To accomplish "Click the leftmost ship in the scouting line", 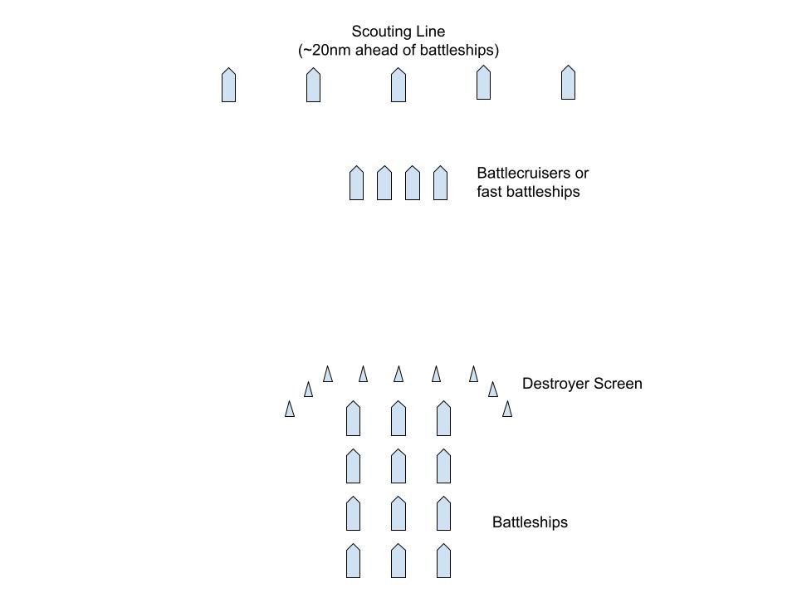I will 228,86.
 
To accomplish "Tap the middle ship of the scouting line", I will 398,86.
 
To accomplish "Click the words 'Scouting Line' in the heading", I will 398,32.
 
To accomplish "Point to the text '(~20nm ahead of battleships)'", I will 398,51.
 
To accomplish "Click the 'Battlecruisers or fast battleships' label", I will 532,183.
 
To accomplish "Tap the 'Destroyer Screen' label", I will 582,384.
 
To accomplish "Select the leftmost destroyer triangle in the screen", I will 290,409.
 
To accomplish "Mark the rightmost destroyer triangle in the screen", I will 507,409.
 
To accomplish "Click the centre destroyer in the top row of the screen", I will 398,374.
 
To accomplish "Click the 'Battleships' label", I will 530,522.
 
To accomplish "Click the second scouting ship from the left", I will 313,86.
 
